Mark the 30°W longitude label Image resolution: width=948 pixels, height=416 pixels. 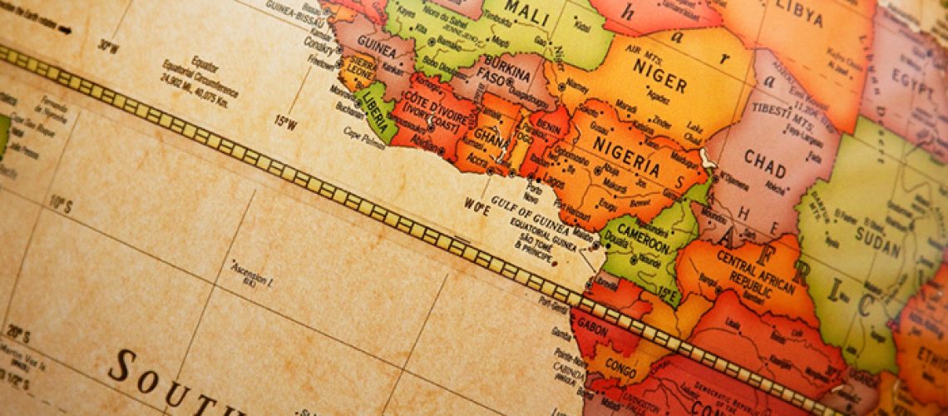tap(107, 46)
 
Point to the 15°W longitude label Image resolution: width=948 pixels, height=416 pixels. tap(285, 122)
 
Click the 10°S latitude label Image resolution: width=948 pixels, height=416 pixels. tap(60, 202)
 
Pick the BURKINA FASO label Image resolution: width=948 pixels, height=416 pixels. tap(507, 76)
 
